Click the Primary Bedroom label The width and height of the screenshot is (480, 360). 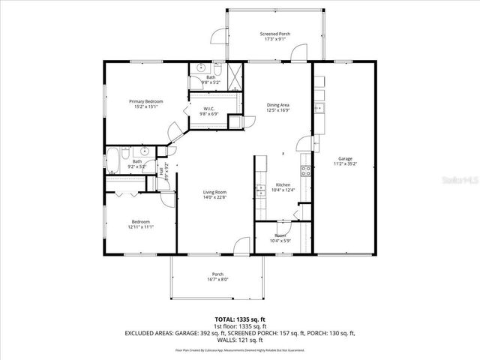[145, 101]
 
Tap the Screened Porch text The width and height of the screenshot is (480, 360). [276, 34]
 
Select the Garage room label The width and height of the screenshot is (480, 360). [345, 159]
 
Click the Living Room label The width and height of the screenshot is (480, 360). [214, 193]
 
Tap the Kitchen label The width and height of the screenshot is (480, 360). [283, 184]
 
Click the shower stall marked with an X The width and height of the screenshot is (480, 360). [235, 73]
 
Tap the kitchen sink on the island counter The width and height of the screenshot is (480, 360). [259, 187]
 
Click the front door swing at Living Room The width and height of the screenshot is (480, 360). [241, 246]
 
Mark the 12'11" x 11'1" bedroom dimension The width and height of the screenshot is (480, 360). [141, 226]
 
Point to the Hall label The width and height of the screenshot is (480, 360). [162, 171]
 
